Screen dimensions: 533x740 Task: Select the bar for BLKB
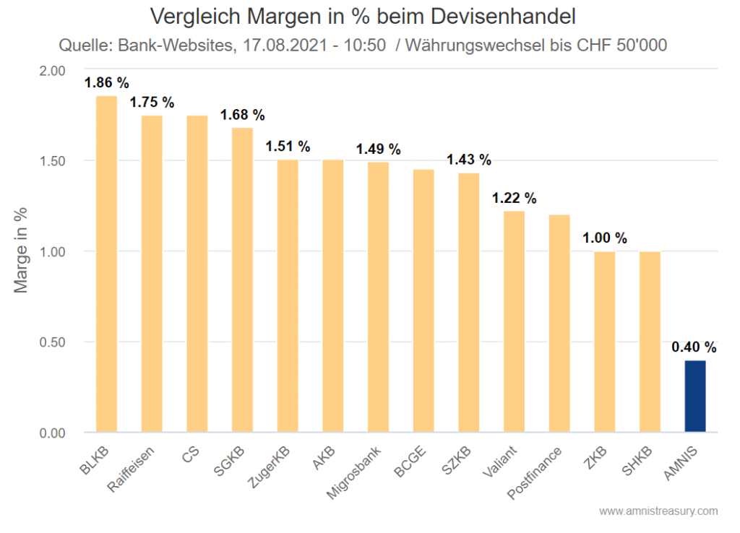click(x=106, y=264)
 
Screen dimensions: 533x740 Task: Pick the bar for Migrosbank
click(x=378, y=297)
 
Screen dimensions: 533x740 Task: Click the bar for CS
click(x=197, y=274)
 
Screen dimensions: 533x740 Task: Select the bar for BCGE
click(x=423, y=300)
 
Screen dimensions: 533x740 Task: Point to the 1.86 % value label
click(x=107, y=82)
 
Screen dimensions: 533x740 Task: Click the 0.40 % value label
click(x=694, y=347)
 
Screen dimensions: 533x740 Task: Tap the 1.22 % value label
click(x=514, y=199)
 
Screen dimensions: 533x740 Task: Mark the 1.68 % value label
click(x=242, y=115)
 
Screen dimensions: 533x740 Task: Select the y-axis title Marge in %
click(x=22, y=251)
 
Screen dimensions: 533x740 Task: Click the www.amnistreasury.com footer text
click(x=658, y=511)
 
